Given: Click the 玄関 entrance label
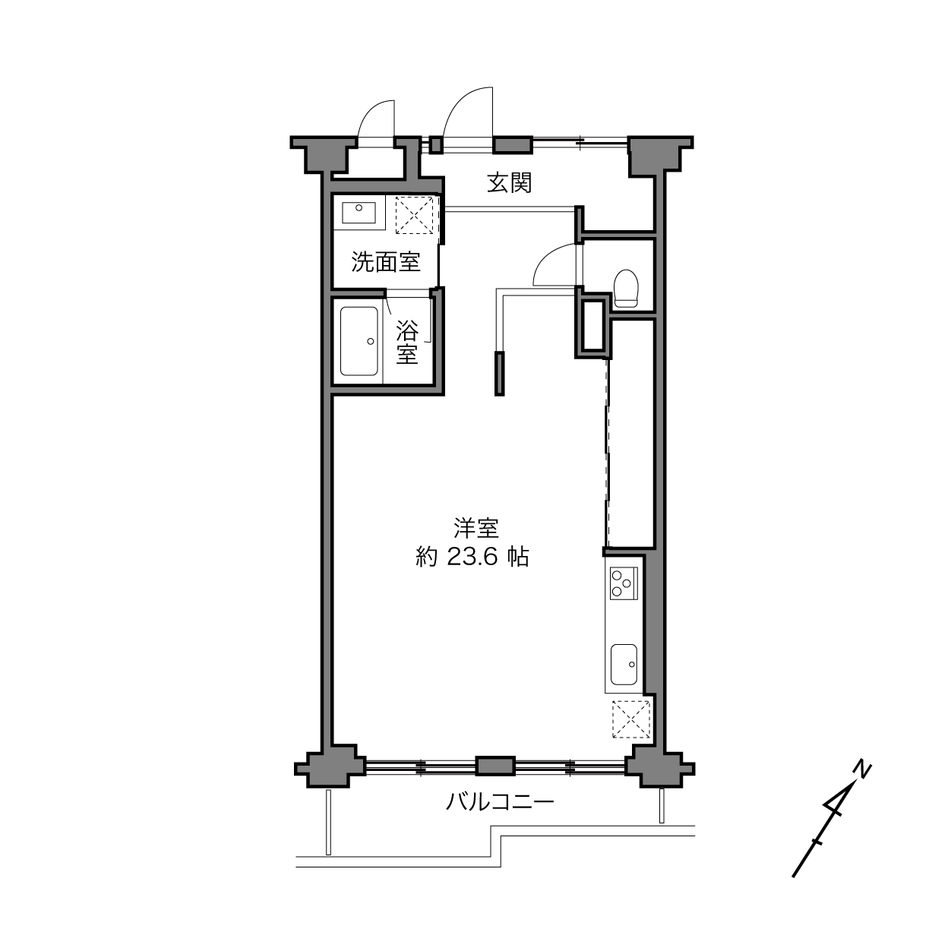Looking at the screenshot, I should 509,183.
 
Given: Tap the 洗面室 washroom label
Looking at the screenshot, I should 385,263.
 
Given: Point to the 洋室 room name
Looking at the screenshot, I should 475,527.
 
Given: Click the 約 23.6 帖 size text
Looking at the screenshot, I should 472,558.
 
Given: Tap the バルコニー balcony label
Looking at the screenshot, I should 500,801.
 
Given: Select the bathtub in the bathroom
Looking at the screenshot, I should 359,341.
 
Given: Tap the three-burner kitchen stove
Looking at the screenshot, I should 623,583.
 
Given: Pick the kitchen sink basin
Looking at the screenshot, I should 624,663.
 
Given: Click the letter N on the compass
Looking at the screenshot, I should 862,769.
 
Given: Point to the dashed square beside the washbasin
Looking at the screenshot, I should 415,213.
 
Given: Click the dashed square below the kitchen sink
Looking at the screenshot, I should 631,719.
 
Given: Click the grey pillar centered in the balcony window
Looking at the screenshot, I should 495,766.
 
